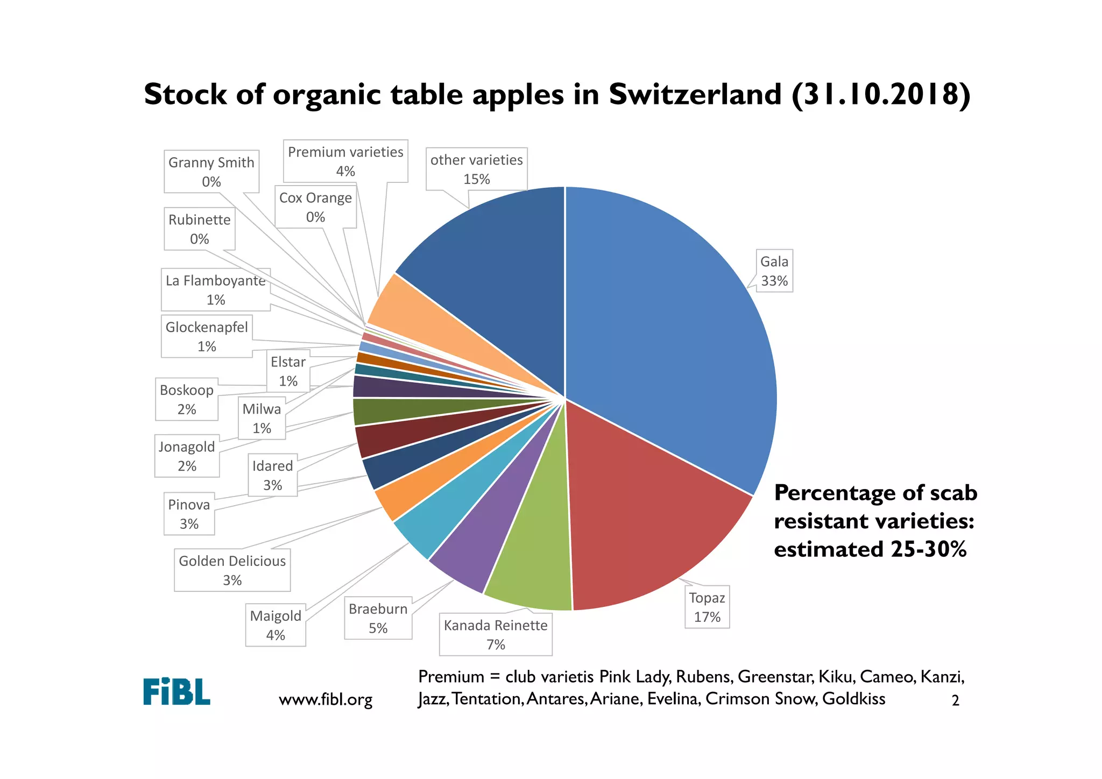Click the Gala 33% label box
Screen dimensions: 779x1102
(774, 271)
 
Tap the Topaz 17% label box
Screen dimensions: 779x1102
(707, 607)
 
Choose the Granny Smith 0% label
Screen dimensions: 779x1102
(211, 172)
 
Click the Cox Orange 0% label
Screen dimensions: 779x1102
(315, 207)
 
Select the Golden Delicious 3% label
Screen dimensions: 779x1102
(232, 570)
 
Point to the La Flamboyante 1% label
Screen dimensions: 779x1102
(215, 290)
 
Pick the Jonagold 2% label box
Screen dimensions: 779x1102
(187, 456)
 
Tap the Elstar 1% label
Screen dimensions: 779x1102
(288, 371)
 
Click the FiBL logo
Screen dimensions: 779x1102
(176, 691)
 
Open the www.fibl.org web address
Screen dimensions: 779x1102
(326, 699)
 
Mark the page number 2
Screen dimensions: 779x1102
(955, 700)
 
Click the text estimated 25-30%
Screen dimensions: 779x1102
(870, 549)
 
